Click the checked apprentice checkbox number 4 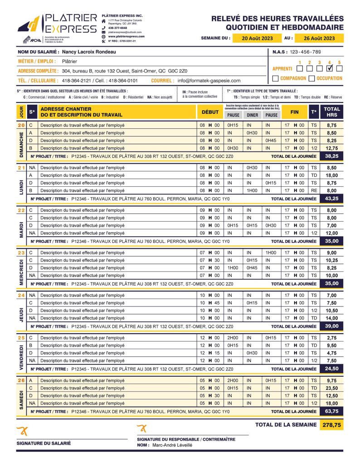[x=330, y=68]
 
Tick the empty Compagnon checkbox [x=276, y=78]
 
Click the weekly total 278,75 [x=331, y=425]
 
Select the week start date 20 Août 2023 [x=257, y=38]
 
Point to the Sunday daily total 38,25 [x=331, y=156]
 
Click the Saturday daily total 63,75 [x=331, y=411]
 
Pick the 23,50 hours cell [x=331, y=388]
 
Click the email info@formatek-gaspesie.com [x=209, y=81]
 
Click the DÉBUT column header [x=210, y=112]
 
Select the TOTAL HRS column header [x=331, y=112]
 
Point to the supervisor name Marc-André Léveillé [x=172, y=446]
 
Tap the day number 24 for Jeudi [x=21, y=296]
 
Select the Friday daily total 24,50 [x=331, y=369]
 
